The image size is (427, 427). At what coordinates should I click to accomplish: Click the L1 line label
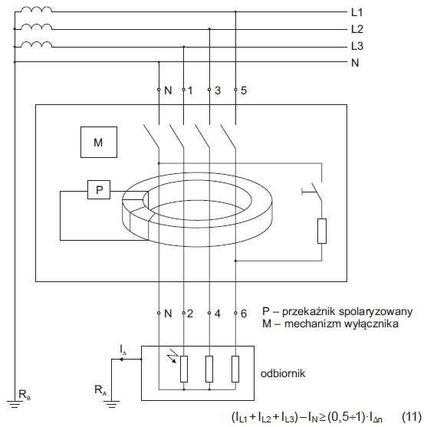(x=356, y=12)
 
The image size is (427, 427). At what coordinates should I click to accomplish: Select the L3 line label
(x=357, y=46)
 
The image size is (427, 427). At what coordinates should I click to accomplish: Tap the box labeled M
(x=99, y=142)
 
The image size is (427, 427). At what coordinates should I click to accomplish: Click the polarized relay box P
(x=99, y=189)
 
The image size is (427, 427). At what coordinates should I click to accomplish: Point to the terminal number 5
(x=244, y=90)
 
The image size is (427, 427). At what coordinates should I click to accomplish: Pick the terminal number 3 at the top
(x=218, y=90)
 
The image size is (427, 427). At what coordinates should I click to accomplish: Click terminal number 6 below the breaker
(x=244, y=314)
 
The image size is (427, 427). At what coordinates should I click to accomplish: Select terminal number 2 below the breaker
(x=190, y=314)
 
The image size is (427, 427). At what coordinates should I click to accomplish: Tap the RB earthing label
(x=25, y=394)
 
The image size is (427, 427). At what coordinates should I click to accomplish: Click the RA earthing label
(x=100, y=390)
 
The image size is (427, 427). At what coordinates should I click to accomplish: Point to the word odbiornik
(x=283, y=373)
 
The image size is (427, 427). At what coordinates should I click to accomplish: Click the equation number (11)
(x=412, y=417)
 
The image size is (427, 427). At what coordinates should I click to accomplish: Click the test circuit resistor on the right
(x=322, y=231)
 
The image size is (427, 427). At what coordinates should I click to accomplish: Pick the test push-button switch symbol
(x=314, y=192)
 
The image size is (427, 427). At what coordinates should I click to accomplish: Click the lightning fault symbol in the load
(x=172, y=356)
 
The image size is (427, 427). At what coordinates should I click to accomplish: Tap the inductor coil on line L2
(x=36, y=27)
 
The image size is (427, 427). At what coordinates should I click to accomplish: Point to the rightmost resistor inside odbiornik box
(x=235, y=369)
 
